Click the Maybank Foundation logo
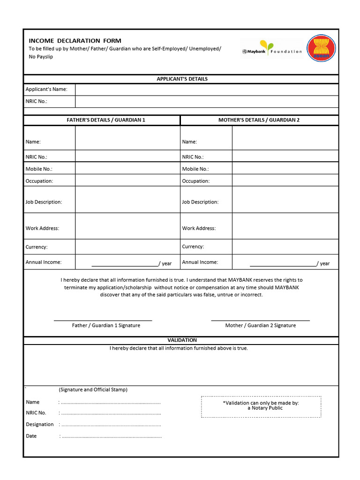(272, 49)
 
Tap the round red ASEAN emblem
(321, 49)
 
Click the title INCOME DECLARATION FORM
(75, 41)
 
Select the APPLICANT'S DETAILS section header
(182, 79)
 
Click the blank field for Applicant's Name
(206, 89)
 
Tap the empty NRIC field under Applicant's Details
(206, 101)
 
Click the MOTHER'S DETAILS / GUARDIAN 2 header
(259, 120)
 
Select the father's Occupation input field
(127, 180)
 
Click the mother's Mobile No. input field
(285, 168)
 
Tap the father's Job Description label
(44, 202)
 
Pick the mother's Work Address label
(199, 228)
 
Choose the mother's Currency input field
(285, 247)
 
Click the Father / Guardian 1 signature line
(103, 320)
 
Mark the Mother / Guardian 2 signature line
(260, 320)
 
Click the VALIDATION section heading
(182, 340)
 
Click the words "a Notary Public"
(265, 408)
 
